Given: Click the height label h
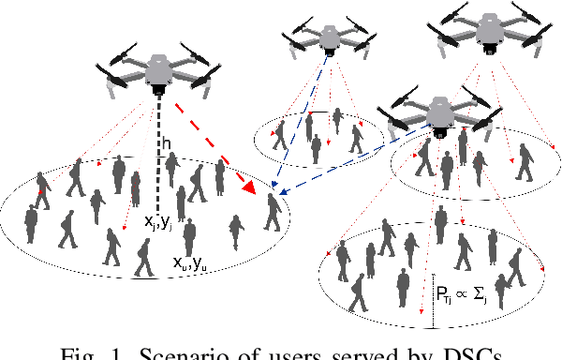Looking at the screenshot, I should [x=166, y=144].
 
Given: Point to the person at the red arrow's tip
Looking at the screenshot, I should [x=273, y=212].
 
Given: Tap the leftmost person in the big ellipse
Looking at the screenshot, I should [x=31, y=222].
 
